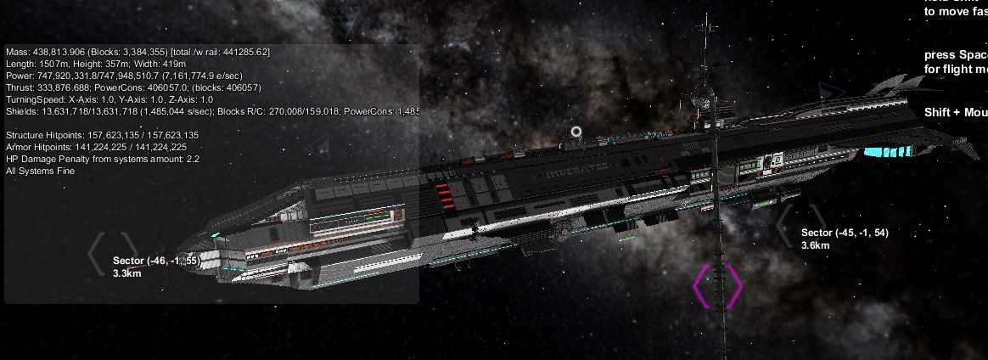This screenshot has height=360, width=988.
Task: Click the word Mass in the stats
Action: click(17, 53)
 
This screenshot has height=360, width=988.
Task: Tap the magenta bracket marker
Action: click(718, 286)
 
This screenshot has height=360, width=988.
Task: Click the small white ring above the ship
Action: click(577, 132)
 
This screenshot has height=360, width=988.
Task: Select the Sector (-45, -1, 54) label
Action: click(845, 233)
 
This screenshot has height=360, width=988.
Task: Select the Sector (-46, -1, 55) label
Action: click(156, 261)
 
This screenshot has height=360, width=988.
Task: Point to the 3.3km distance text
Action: click(126, 273)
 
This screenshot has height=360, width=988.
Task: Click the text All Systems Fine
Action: click(40, 172)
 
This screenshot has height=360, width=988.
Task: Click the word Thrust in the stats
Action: click(20, 88)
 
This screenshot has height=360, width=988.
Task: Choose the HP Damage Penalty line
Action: click(102, 160)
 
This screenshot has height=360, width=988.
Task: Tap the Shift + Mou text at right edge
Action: click(955, 113)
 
